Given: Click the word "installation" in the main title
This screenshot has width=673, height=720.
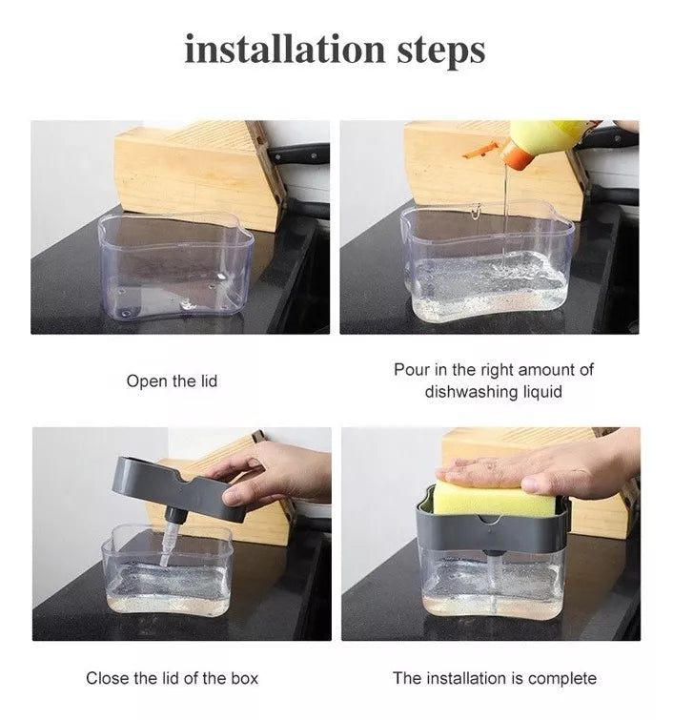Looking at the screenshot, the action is [x=285, y=49].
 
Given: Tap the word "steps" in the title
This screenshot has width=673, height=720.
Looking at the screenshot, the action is [x=441, y=51].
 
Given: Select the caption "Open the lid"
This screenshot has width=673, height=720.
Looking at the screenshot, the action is [x=172, y=381].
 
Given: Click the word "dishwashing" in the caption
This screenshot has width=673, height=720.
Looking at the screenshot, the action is [x=472, y=392].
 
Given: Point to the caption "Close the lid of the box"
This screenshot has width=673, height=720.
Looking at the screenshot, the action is [x=173, y=678].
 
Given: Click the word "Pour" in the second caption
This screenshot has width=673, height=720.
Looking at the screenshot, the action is [x=411, y=370].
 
